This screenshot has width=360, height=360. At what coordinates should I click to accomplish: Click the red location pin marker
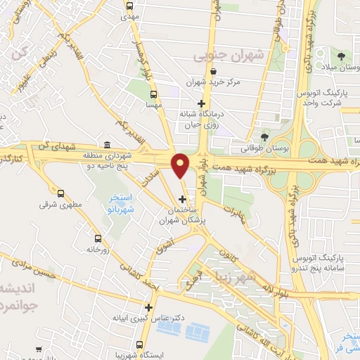[x=180, y=166]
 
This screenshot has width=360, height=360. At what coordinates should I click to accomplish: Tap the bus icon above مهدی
[x=129, y=6]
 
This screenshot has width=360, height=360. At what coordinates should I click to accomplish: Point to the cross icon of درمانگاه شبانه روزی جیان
[x=201, y=103]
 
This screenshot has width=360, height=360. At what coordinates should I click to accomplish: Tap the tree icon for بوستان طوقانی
[x=264, y=137]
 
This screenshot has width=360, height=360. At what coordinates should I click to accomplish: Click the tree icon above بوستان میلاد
[x=341, y=56]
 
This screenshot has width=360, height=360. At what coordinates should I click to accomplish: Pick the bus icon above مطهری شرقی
[x=60, y=193]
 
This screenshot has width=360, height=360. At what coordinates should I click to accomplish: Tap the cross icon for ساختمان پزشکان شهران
[x=183, y=199]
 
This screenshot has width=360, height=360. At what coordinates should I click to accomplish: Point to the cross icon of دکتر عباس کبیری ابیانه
[x=148, y=307]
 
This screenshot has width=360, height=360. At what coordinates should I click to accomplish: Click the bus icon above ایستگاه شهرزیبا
[x=141, y=346]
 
